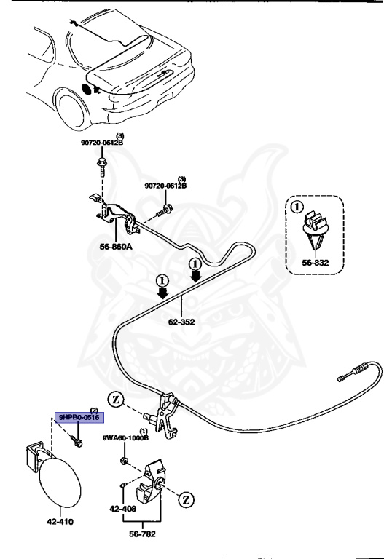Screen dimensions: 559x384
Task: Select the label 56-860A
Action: point(115,247)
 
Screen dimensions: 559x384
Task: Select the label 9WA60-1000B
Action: point(125,438)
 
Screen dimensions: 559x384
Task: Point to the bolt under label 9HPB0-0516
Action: point(77,441)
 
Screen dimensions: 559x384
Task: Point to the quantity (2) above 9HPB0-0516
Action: point(93,410)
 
